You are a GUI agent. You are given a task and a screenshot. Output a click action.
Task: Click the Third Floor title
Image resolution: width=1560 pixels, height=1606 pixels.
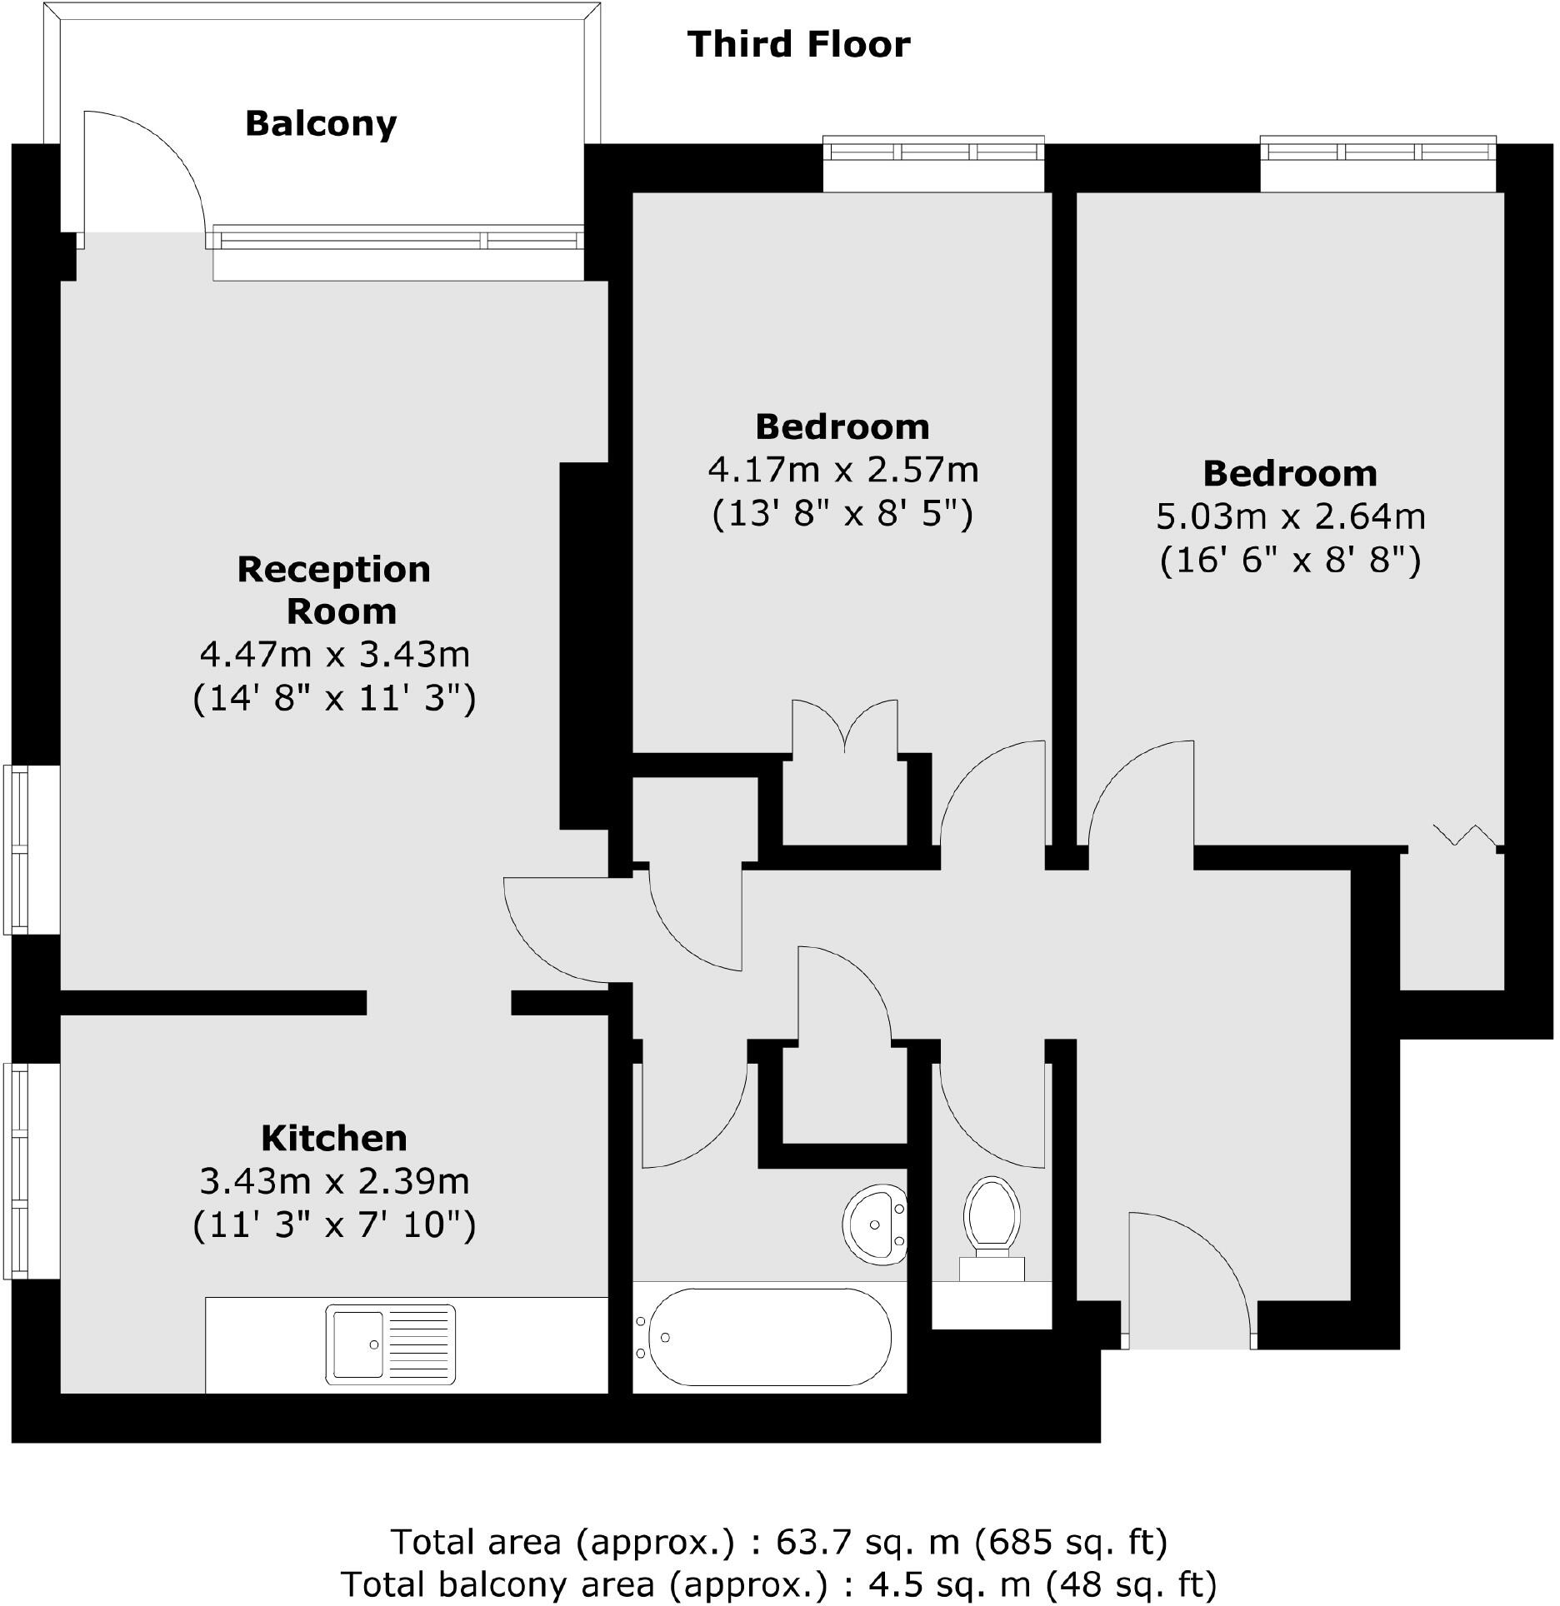798,44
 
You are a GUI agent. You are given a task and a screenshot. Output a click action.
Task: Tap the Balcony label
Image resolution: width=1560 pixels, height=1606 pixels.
321,124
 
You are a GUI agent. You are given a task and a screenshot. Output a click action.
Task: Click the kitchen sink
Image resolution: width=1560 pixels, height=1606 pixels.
390,1344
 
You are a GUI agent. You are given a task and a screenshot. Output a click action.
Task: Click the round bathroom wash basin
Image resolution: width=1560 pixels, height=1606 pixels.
874,1223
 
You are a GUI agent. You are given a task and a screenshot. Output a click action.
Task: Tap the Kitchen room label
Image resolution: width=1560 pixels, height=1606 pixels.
333,1138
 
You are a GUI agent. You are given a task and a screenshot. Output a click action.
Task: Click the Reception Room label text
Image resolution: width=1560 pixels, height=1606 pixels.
334,590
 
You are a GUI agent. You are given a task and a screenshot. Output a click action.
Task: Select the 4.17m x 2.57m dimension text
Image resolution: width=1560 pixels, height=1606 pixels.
842,471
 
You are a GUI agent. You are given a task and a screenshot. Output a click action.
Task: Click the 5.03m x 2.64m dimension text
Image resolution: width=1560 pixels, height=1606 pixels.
1290,517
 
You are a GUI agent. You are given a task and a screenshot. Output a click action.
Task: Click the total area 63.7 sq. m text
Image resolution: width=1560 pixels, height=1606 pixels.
778,1542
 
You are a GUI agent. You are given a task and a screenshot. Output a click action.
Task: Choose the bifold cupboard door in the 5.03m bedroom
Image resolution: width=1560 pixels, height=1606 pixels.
1467,834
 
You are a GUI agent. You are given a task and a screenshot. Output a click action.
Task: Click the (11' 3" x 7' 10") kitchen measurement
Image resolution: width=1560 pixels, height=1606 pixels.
334,1224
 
